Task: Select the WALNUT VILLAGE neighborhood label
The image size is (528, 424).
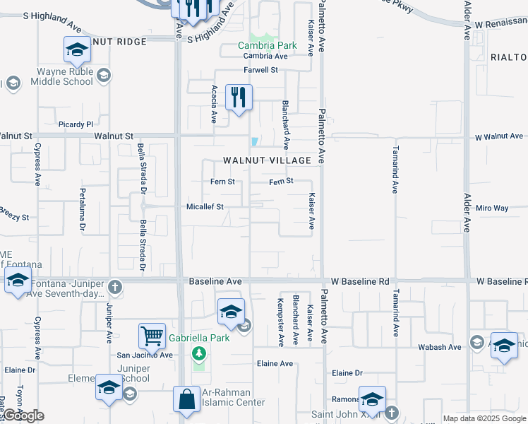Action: coord(267,160)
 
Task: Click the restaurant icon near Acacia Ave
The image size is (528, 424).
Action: coord(239,97)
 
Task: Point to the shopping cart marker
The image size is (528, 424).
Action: coord(152,336)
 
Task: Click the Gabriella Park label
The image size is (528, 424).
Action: coord(199,338)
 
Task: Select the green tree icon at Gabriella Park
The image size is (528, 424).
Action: coord(200,352)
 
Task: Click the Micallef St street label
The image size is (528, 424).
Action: coord(205,207)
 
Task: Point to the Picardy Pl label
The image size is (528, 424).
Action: coord(76,124)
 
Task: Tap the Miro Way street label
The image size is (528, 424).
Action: coord(492,208)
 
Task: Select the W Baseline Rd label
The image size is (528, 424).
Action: coord(364,281)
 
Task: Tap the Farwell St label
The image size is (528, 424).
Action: coord(262,70)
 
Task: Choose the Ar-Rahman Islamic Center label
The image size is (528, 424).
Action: coord(234,397)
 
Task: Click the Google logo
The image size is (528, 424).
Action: coord(23,416)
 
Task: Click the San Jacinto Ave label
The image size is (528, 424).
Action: coord(145,355)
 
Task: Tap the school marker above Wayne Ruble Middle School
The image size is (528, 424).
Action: coord(76,49)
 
